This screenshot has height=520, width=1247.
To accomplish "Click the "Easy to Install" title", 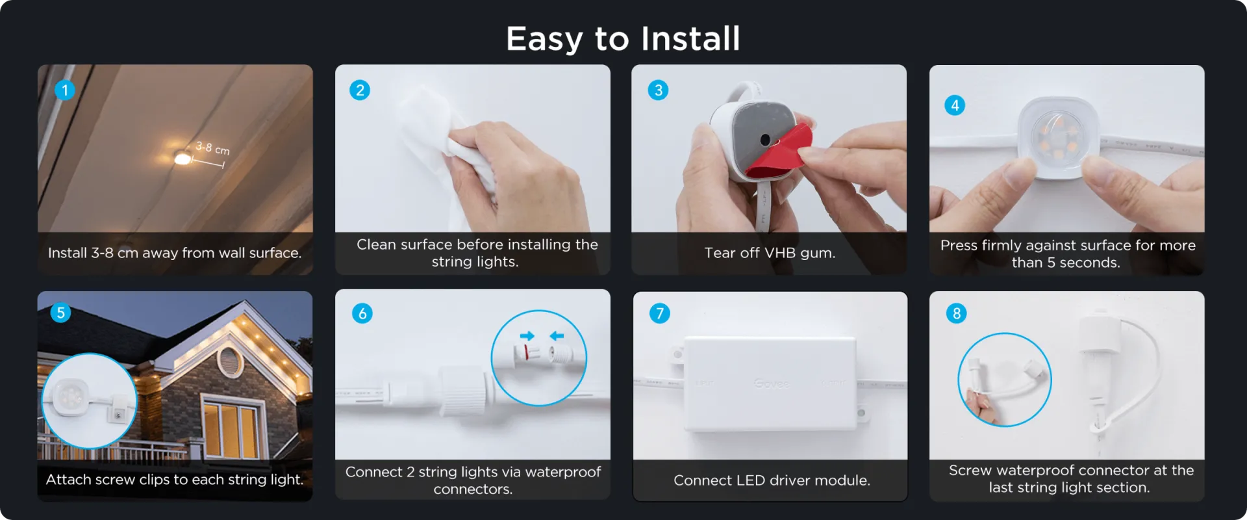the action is pyautogui.click(x=623, y=38).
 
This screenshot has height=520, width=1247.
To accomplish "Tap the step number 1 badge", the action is pyautogui.click(x=65, y=90).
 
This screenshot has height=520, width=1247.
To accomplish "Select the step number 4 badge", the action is pyautogui.click(x=955, y=105).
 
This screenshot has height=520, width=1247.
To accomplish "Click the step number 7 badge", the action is pyautogui.click(x=660, y=313).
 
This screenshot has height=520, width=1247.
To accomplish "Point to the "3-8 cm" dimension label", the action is pyautogui.click(x=212, y=149).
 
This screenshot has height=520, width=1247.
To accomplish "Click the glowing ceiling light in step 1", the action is pyautogui.click(x=183, y=158).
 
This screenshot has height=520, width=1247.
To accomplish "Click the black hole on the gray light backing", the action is pyautogui.click(x=765, y=139).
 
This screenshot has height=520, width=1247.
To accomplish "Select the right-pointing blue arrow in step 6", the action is pyautogui.click(x=527, y=336).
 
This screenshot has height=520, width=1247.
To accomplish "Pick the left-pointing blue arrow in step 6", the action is pyautogui.click(x=557, y=336).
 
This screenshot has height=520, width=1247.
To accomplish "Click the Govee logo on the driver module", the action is pyautogui.click(x=772, y=383).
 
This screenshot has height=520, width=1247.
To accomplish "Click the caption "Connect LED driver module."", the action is pyautogui.click(x=772, y=480).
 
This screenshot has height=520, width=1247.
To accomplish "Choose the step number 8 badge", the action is pyautogui.click(x=956, y=313).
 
